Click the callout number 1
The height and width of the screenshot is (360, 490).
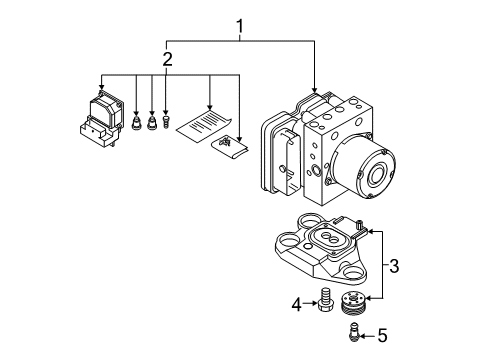tap(240, 27)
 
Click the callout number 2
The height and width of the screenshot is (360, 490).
tap(167, 59)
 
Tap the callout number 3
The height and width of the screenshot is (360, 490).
tap(394, 266)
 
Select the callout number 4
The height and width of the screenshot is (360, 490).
tap(296, 304)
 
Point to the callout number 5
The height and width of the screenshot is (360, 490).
tap(383, 335)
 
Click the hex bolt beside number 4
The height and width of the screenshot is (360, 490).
tap(323, 300)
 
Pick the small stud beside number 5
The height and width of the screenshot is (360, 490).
tap(354, 332)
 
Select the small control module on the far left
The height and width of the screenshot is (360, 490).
tap(102, 118)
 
